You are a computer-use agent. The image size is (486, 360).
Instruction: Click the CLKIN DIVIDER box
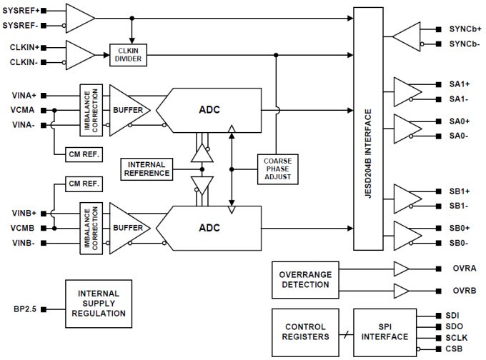coord(129,54)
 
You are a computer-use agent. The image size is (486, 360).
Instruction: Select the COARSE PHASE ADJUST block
coord(276,169)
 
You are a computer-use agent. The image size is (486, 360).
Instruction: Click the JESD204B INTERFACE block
coord(368,129)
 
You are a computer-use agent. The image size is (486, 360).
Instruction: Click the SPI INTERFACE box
coord(385,331)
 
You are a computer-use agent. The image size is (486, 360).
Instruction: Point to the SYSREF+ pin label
coord(21,11)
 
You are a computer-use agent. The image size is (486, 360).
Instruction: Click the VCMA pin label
coord(24,110)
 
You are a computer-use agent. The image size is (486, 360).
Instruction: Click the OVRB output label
coord(460,291)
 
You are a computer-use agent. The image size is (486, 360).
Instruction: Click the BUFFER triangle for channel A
coord(127,110)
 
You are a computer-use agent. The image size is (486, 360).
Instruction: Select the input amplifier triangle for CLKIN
coord(79,54)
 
